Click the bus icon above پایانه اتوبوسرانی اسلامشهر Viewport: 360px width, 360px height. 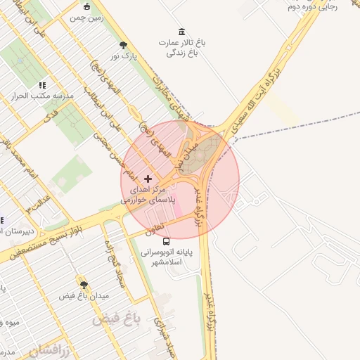166,242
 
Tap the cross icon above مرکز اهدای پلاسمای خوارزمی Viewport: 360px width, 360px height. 148,179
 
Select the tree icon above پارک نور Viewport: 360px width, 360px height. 124,44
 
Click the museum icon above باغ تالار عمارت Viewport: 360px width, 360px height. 182,32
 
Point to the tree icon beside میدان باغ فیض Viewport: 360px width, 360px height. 84,285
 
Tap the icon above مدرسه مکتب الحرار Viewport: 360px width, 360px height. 42,85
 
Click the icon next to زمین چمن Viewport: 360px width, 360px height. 86,7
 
